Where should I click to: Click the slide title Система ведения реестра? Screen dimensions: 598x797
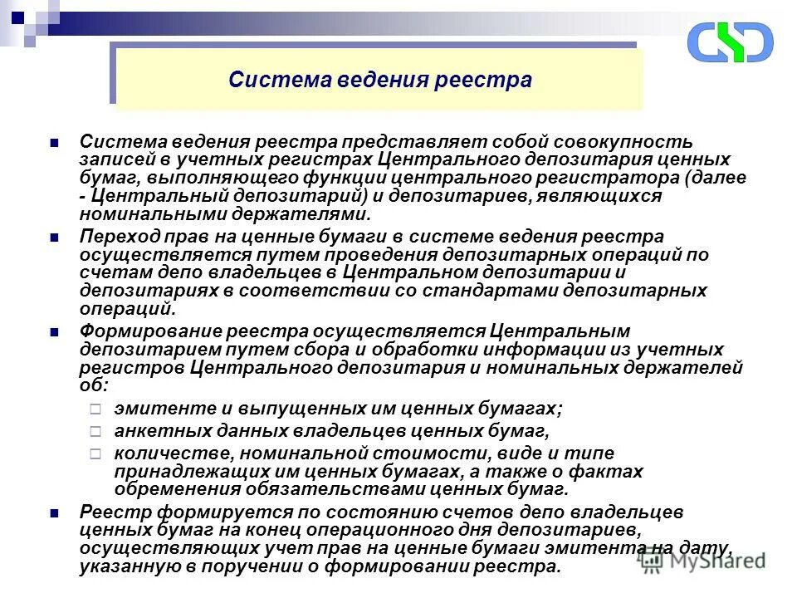(x=379, y=81)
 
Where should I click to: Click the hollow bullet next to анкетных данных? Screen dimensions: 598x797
(x=95, y=432)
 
